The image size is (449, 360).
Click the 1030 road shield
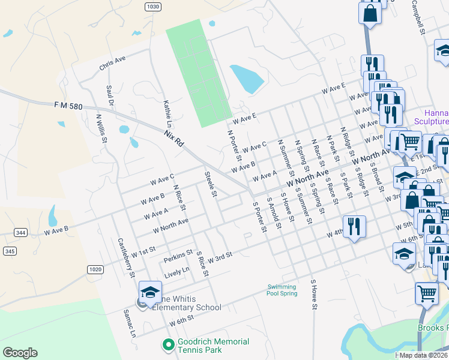[153, 6]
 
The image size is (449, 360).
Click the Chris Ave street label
[113, 62]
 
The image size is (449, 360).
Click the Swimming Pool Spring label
[282, 290]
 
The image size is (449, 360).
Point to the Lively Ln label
[176, 272]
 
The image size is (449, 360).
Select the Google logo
[20, 353]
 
